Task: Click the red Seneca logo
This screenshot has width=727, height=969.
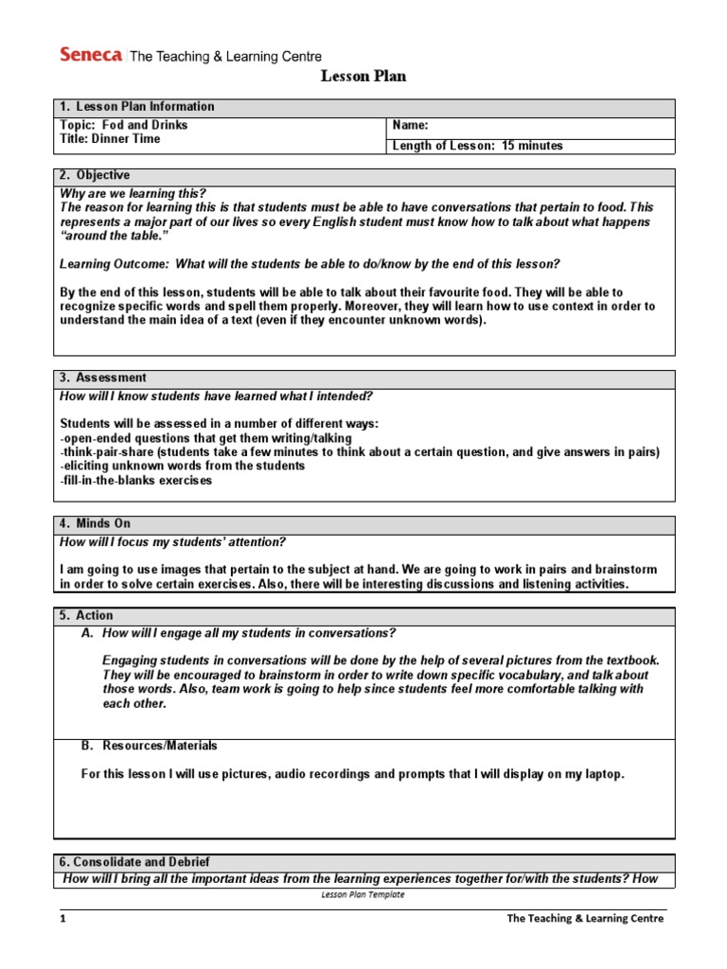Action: pos(90,55)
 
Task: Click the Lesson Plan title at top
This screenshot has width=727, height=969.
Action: pos(363,77)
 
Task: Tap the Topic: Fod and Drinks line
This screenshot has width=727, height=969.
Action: pos(124,125)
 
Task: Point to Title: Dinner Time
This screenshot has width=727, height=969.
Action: pos(110,139)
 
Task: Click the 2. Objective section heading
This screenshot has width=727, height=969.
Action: pos(95,176)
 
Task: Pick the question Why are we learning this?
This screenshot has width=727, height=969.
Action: pos(131,193)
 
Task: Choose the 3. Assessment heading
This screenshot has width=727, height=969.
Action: pos(103,378)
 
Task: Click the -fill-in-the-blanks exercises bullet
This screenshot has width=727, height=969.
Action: pos(136,480)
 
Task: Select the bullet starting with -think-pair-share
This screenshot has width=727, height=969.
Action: pos(360,452)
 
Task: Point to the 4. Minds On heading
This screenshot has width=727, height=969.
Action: pos(95,523)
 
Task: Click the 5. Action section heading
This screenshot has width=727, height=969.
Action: pos(86,615)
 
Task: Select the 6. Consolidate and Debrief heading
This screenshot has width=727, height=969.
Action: pos(134,862)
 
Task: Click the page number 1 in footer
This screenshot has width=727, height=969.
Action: pos(63,919)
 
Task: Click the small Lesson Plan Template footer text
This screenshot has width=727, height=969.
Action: pos(363,894)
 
